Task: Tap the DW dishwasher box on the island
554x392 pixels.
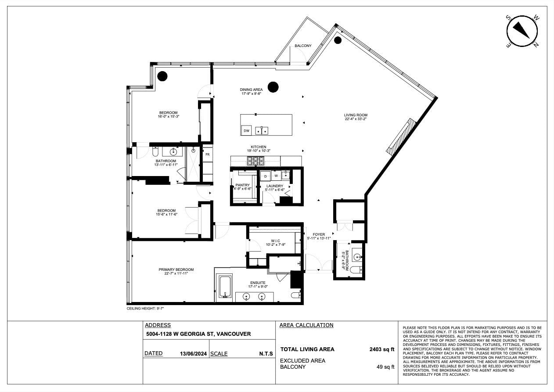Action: [x=246, y=130]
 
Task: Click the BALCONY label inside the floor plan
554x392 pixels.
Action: [x=303, y=46]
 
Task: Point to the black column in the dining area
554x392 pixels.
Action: [x=273, y=87]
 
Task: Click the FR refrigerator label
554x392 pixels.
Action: [x=207, y=155]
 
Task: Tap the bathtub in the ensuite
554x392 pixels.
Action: [x=225, y=287]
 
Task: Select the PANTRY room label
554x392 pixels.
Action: [x=242, y=185]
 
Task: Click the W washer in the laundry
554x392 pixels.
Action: [x=276, y=176]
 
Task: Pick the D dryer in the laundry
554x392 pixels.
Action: [x=266, y=176]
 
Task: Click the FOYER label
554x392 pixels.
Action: [x=319, y=234]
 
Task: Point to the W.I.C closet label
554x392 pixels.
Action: [x=275, y=241]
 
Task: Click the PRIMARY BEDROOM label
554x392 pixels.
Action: [x=176, y=270]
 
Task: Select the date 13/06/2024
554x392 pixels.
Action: [x=193, y=353]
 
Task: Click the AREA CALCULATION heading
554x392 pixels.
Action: [x=306, y=325]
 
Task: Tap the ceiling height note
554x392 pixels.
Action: [x=145, y=309]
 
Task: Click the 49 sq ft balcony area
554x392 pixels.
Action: [x=385, y=367]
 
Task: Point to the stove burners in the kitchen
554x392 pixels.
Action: [x=255, y=161]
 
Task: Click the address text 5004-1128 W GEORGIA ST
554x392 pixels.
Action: [x=198, y=334]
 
